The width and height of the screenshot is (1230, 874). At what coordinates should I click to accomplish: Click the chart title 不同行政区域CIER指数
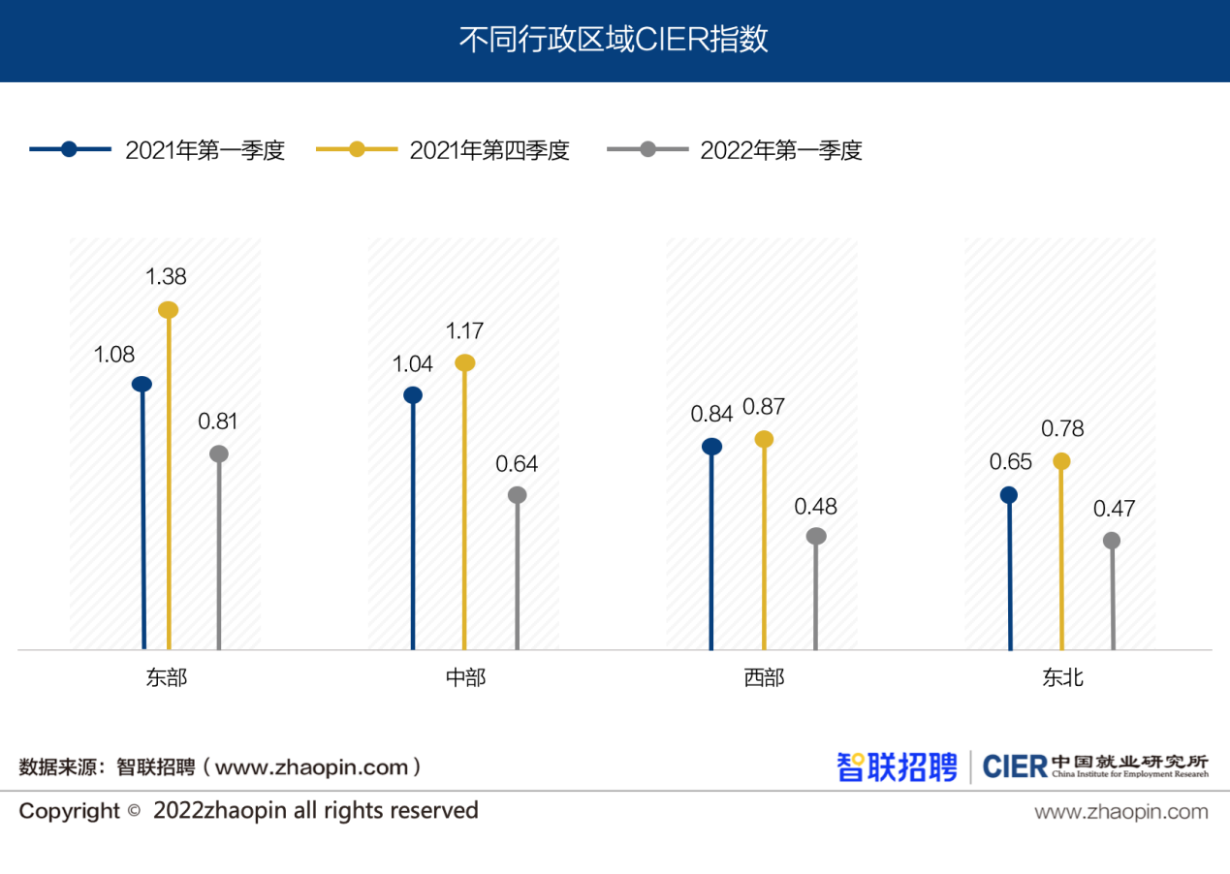pos(614,40)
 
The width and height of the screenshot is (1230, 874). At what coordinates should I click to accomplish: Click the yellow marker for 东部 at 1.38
pos(168,310)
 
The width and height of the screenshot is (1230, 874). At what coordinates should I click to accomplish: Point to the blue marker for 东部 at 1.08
pos(142,384)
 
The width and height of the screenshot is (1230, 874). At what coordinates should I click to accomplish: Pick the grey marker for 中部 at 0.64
pos(517,495)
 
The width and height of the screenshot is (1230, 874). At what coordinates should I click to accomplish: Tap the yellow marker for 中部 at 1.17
pos(465,363)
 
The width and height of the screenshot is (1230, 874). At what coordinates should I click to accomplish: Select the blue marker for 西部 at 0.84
pos(711,446)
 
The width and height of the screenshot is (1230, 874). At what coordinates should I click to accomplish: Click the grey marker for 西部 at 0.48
pos(816,536)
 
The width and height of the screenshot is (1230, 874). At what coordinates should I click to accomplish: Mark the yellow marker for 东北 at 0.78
pos(1062,461)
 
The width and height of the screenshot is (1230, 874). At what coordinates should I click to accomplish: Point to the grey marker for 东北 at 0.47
pos(1112,541)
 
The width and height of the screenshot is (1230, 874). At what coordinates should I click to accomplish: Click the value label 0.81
pos(218,421)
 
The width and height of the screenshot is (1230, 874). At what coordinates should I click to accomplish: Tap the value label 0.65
pos(1010,462)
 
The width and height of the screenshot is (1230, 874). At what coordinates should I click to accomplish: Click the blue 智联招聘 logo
pos(897,766)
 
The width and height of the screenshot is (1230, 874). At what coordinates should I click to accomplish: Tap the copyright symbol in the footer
pos(135,811)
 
